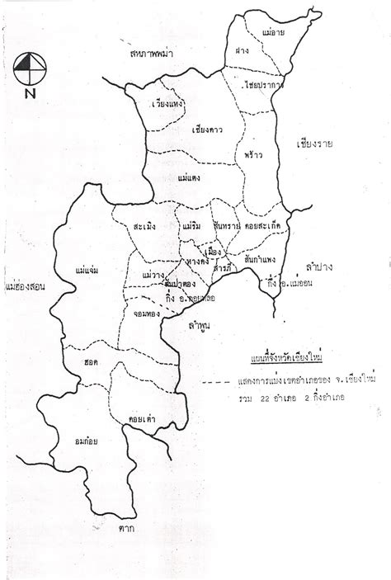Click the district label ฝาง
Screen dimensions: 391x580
(242, 50)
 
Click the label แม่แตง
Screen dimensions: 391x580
(190, 177)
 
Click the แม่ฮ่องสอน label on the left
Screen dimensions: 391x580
(24, 288)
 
